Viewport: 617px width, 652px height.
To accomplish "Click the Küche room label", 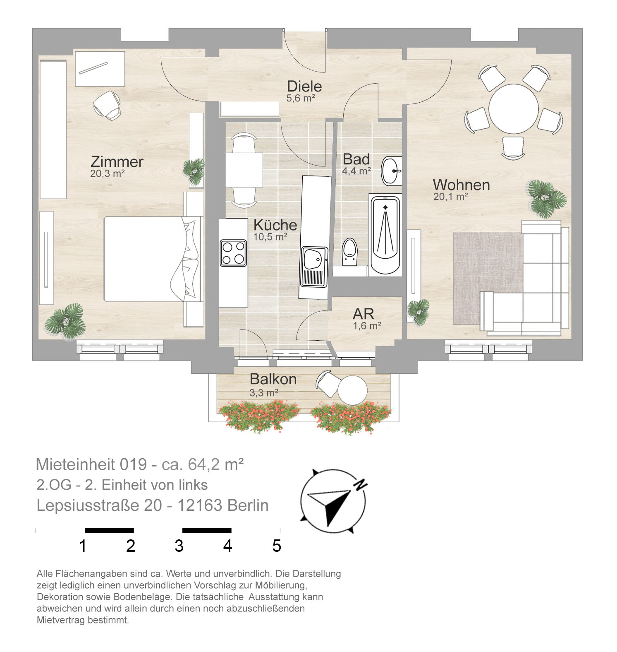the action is point(275,225).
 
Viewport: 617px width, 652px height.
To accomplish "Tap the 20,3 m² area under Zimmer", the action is point(108,173).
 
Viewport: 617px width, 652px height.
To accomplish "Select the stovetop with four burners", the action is point(233,253).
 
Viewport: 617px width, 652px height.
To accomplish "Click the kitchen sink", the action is point(313,267).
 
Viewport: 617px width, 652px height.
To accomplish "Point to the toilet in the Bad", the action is point(350,251).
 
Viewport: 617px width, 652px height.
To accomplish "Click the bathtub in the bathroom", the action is point(385,234).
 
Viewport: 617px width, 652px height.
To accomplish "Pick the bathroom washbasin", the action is point(391,171).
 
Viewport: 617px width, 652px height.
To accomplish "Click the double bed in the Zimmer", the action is point(152,259).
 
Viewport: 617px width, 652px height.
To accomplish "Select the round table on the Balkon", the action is point(352,390).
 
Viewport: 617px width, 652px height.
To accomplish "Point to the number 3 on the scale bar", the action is point(179,546).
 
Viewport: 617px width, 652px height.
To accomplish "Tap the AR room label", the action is point(364,314).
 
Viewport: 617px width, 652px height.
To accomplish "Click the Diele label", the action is point(304,87).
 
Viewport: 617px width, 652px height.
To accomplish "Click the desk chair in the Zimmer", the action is point(107,106).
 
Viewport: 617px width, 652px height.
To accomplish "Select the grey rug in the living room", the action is point(488,278).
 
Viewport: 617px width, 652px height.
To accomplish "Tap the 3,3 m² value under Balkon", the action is point(264,392).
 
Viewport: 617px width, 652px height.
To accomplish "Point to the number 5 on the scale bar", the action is point(277,546).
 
